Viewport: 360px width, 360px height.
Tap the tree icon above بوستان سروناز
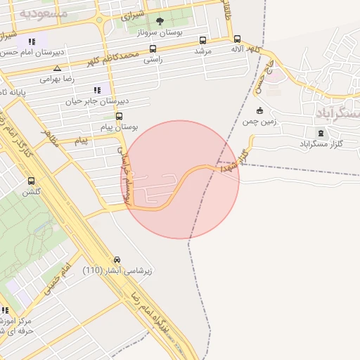[x=160, y=21]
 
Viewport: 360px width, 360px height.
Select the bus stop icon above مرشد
[x=203, y=40]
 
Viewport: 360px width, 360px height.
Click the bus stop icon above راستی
[x=153, y=49]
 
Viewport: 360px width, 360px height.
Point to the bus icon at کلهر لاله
[x=237, y=39]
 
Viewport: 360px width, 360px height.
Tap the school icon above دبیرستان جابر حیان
[x=97, y=90]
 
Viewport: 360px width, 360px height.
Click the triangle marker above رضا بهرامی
[x=56, y=69]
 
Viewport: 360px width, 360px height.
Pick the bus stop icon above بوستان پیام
[x=119, y=116]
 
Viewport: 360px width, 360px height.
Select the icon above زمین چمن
[x=259, y=110]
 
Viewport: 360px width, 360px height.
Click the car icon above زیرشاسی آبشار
[x=117, y=259]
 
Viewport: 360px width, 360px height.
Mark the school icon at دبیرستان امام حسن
[x=32, y=42]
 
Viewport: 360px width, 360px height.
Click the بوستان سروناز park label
[x=160, y=32]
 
